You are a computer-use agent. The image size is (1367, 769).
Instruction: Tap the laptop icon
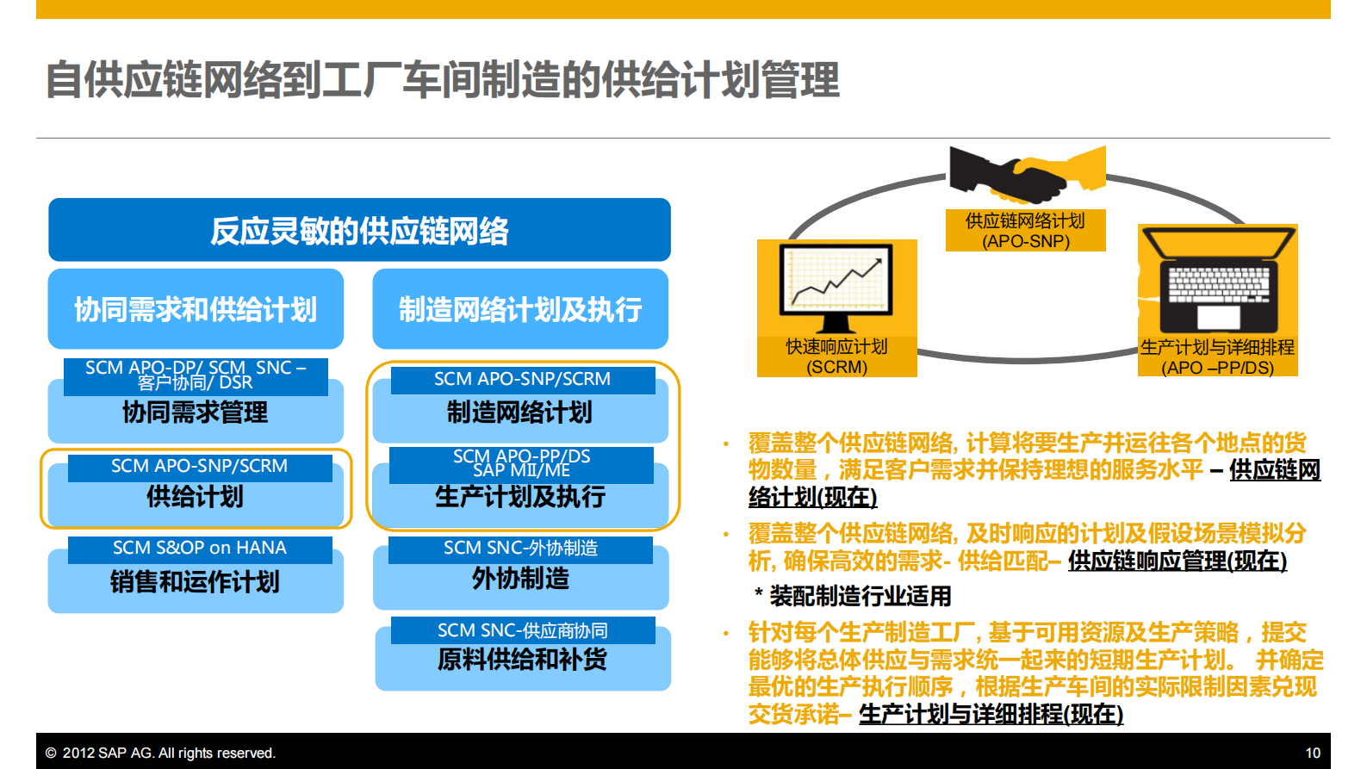pyautogui.click(x=1217, y=280)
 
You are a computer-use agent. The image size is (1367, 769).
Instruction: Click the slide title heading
pyautogui.click(x=442, y=80)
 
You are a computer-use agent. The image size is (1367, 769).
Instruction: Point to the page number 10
pyautogui.click(x=1312, y=753)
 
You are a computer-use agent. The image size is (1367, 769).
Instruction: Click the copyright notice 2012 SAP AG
pyautogui.click(x=161, y=753)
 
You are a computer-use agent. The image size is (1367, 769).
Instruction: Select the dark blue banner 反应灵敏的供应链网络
pyautogui.click(x=359, y=230)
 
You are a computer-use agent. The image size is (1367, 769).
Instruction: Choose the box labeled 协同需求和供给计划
pyautogui.click(x=196, y=309)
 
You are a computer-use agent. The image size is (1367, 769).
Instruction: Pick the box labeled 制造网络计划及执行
pyautogui.click(x=520, y=309)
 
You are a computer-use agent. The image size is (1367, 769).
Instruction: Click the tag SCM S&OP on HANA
pyautogui.click(x=200, y=549)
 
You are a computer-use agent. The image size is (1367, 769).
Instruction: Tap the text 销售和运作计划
pyautogui.click(x=196, y=582)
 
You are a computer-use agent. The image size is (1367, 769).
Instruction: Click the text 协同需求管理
pyautogui.click(x=196, y=412)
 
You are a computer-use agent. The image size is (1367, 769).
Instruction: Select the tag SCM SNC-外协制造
pyautogui.click(x=520, y=549)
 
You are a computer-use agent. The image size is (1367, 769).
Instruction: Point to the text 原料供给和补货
pyautogui.click(x=522, y=660)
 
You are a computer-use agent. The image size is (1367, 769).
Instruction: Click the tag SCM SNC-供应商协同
pyautogui.click(x=522, y=630)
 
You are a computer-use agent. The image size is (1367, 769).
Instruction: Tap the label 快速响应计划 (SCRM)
pyautogui.click(x=836, y=357)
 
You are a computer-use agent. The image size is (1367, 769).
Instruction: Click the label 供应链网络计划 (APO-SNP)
pyautogui.click(x=1025, y=231)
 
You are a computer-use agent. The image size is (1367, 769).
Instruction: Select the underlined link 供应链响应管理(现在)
pyautogui.click(x=1177, y=561)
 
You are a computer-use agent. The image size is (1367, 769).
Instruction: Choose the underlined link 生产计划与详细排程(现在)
pyautogui.click(x=991, y=714)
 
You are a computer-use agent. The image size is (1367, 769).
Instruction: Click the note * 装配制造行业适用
pyautogui.click(x=853, y=596)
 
